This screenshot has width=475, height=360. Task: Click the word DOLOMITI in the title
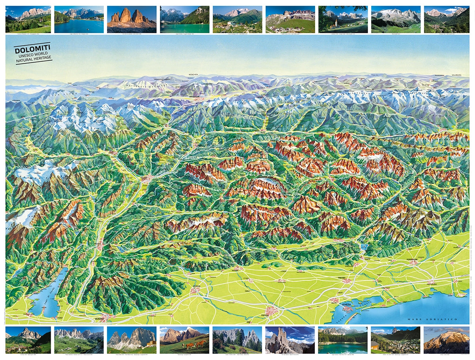[32, 50]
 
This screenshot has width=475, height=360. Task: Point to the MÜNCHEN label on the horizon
[193, 74]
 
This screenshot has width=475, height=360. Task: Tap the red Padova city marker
[272, 311]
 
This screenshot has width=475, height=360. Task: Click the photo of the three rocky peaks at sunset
[131, 19]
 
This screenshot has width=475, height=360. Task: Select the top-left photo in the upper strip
[28, 19]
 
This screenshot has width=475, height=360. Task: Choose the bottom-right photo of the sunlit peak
[446, 340]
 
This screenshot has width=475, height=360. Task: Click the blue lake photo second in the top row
[79, 19]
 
